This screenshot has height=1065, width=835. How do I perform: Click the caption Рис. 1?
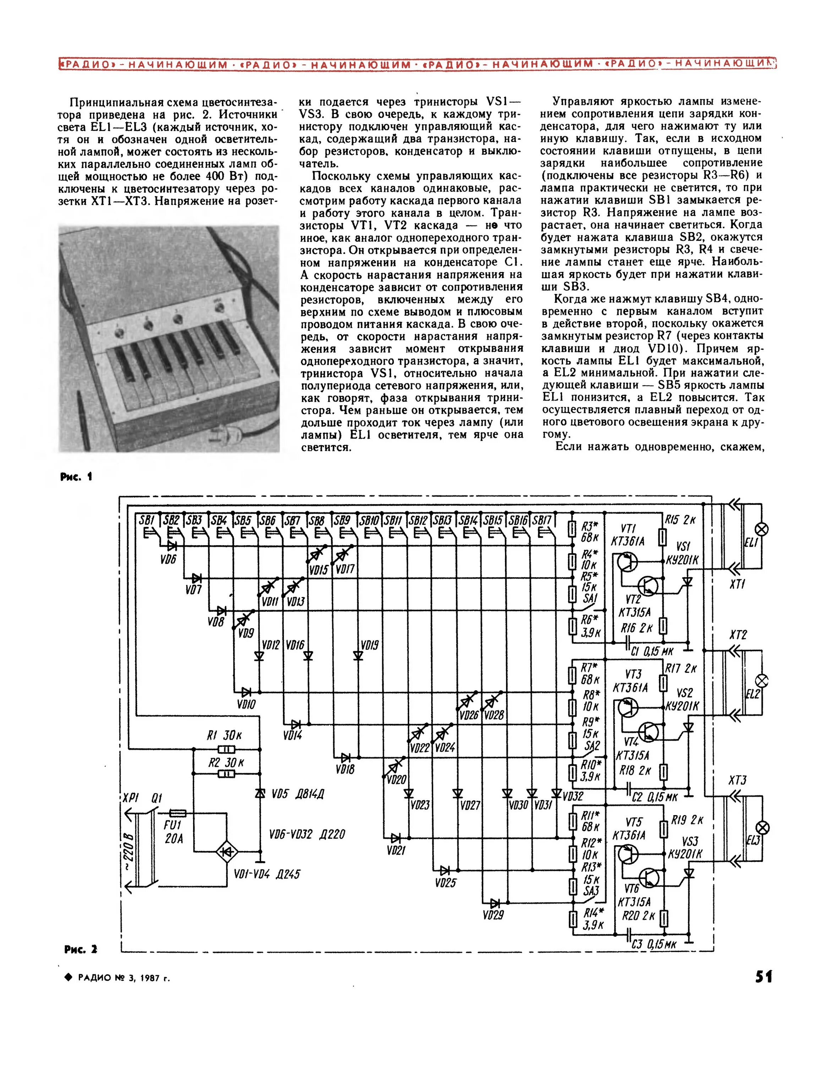coord(76,477)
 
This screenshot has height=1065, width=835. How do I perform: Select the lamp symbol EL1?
coord(762,529)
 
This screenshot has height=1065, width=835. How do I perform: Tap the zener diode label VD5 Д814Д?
coord(298,794)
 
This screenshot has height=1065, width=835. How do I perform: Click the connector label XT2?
coord(738,635)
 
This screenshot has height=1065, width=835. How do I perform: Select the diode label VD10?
coord(246,705)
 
